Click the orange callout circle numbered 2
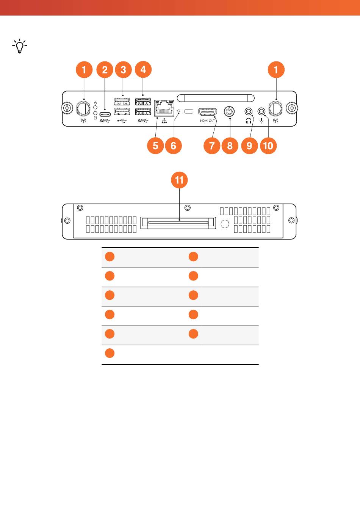(x=105, y=70)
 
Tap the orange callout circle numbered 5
(x=155, y=146)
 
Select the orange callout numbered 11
(x=179, y=180)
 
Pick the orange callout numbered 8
(x=230, y=146)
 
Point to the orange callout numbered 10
(x=268, y=146)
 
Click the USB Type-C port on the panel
(x=105, y=114)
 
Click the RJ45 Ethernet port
(x=164, y=108)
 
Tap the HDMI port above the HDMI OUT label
(x=207, y=112)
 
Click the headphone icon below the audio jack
(x=249, y=121)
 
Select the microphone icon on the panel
(x=261, y=121)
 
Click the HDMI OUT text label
(x=207, y=121)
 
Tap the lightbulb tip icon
(x=20, y=46)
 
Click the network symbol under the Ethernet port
(x=164, y=121)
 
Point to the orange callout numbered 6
(x=173, y=146)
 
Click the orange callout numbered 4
(x=143, y=70)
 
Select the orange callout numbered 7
(x=212, y=146)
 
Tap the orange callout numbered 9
(x=249, y=146)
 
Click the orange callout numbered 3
(x=123, y=70)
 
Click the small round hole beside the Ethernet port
(x=179, y=111)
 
